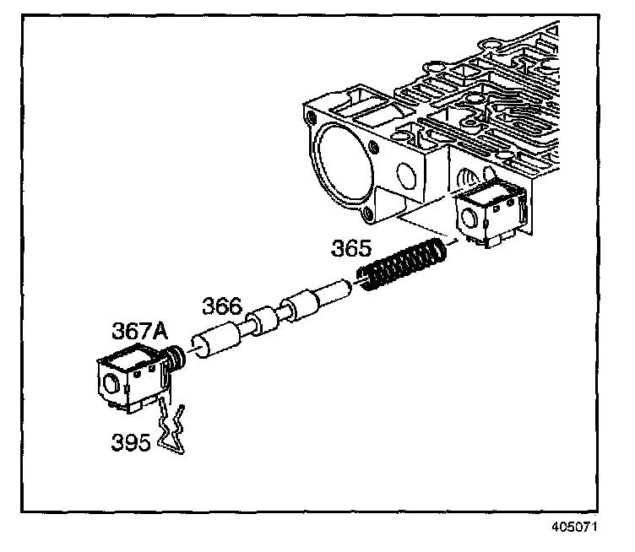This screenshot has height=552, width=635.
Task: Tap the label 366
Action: point(221,307)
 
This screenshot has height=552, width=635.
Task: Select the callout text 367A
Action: point(137,332)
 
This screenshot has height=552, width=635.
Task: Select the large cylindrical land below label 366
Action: point(218,343)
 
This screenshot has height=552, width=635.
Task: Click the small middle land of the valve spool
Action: point(264,320)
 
